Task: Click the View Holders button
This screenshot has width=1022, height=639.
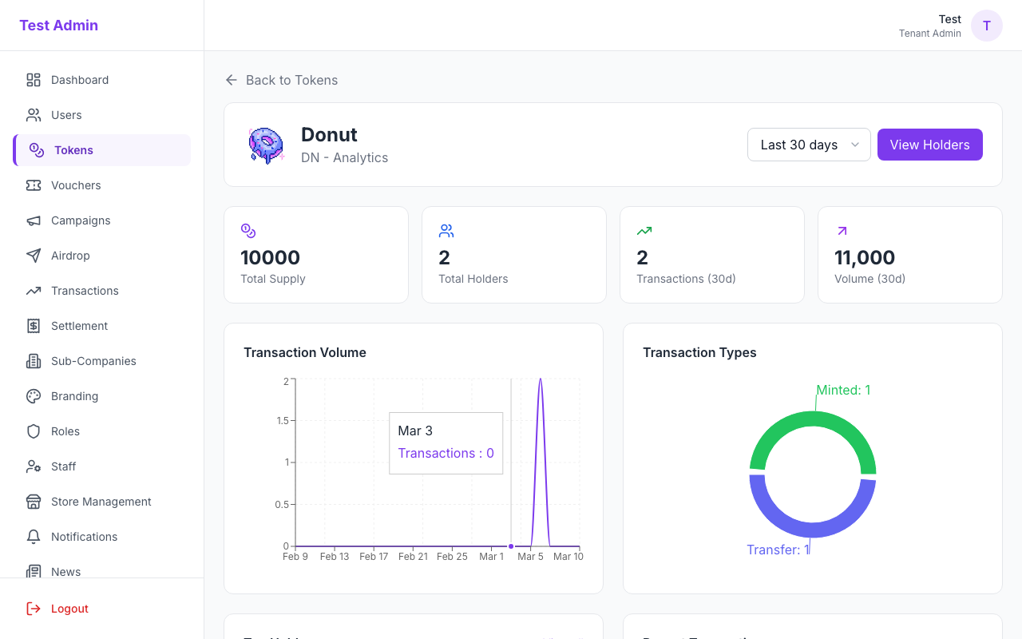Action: pos(929,145)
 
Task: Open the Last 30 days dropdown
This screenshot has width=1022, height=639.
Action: pos(808,145)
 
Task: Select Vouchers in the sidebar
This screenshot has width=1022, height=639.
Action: pos(76,185)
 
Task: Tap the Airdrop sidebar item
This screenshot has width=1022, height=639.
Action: pos(70,256)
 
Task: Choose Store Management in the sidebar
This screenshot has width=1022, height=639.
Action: pos(101,502)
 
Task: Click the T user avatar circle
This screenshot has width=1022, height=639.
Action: pos(986,26)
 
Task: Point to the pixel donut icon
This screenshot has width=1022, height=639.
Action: pos(266,145)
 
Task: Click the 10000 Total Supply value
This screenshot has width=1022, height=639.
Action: pos(270,257)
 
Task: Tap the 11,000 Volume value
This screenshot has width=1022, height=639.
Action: pos(864,257)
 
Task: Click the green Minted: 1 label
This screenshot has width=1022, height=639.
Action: pos(843,390)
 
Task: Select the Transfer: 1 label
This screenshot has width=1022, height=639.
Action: pos(778,550)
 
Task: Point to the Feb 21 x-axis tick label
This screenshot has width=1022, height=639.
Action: pos(413,556)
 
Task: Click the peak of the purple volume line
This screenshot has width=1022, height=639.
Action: pos(541,379)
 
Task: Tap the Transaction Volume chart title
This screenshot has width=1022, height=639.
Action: pos(304,352)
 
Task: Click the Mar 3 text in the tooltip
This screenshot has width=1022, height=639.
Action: pos(415,431)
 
